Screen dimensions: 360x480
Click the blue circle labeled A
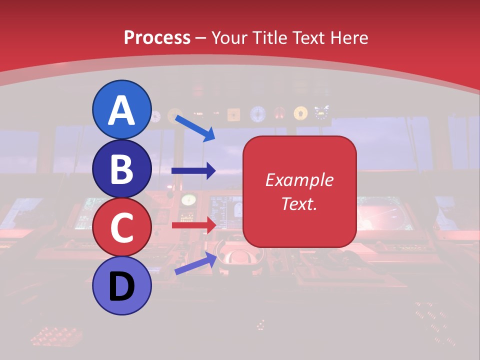coord(122,109)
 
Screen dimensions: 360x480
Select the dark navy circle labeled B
coord(122,168)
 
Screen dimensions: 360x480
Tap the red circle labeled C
coord(122,227)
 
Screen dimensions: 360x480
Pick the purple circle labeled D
coord(122,286)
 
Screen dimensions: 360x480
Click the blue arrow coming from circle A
coord(195,127)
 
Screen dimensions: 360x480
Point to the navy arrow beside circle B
coord(193,171)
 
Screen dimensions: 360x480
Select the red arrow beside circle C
coord(193,225)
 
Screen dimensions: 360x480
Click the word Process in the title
coord(157,38)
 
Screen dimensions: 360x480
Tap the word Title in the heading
coord(267,38)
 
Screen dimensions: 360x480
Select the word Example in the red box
coord(299,180)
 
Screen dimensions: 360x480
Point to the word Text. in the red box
coord(299,204)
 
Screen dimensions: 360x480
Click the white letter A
coord(122,110)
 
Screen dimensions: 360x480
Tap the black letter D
coord(122,287)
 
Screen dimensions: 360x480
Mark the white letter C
coord(122,228)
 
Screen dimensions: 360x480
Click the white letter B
coord(122,169)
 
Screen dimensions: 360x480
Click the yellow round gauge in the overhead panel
coord(300,113)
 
